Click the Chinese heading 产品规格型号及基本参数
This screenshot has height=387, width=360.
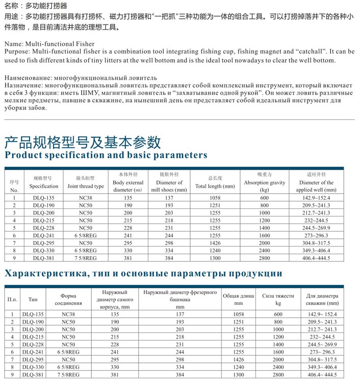[83, 141]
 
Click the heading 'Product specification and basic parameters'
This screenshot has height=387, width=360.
[106, 155]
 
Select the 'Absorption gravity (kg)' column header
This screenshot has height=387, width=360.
[264, 182]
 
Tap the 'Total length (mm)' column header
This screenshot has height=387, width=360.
[215, 182]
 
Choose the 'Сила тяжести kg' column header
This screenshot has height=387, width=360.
[278, 299]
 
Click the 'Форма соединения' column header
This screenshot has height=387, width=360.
[68, 299]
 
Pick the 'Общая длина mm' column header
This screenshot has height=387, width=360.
[237, 299]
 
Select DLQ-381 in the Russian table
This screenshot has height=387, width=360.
[33, 375]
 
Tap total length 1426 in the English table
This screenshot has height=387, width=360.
[215, 244]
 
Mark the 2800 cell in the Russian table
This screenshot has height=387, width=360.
[278, 375]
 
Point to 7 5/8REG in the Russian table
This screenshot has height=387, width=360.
[68, 375]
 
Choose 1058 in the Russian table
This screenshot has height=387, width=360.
[237, 315]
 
